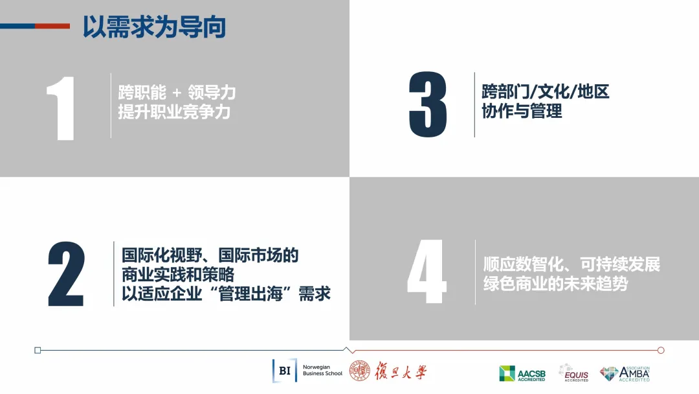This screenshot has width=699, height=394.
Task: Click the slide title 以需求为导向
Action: tap(154, 27)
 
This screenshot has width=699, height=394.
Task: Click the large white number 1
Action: tap(61, 108)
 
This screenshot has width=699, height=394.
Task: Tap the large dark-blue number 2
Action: tap(66, 274)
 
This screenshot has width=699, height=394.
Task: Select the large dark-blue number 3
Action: tap(428, 104)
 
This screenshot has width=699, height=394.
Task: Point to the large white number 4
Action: tap(427, 272)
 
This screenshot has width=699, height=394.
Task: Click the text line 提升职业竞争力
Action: tap(174, 111)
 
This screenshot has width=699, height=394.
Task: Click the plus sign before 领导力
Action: tap(177, 93)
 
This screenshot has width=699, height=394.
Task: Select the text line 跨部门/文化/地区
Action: tap(545, 91)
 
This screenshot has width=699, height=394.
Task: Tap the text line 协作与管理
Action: tap(522, 111)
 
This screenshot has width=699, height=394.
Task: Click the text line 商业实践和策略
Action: tap(178, 274)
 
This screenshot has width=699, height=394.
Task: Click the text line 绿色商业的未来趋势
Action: tap(555, 283)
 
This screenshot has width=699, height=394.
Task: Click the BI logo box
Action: tap(285, 371)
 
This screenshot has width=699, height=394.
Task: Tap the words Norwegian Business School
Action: tap(322, 371)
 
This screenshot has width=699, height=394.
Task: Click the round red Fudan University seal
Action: tap(359, 371)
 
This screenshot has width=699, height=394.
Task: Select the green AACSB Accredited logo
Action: tap(522, 373)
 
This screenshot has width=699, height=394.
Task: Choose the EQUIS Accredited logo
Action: tap(573, 373)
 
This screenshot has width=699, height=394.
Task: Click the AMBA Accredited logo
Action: tap(625, 374)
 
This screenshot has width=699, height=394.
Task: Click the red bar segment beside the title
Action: tap(52, 27)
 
